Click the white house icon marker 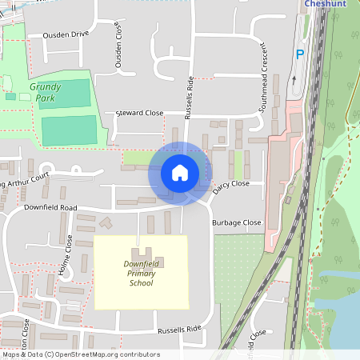pos(180,173)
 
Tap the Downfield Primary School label pos(141,274)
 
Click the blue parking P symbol pos(300,54)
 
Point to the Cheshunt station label pos(329,4)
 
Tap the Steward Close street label pos(139,114)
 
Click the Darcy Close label pos(231,186)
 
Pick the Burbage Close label pos(237,222)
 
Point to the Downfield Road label pos(50,207)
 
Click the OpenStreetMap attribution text pos(80,354)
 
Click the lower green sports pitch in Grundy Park pos(69,130)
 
